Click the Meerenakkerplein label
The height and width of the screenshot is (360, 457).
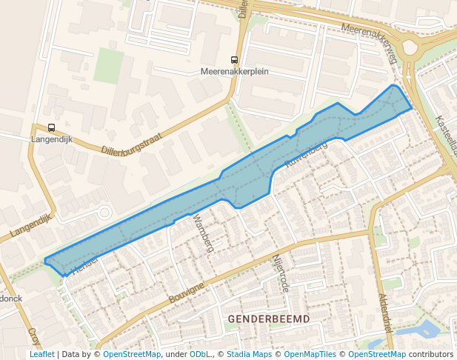tap(234, 72)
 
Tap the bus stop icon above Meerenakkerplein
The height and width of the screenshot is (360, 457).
tap(235, 60)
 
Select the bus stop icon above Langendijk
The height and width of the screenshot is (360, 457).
tap(51, 127)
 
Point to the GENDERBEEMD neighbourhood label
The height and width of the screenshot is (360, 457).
tap(269, 319)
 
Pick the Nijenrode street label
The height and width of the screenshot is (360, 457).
tap(279, 273)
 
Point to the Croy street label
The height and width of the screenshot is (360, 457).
tap(33, 337)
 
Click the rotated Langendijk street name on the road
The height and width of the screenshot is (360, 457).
tap(33, 226)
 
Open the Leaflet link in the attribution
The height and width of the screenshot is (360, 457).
tap(41, 354)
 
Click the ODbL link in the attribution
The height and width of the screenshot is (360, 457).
tap(199, 354)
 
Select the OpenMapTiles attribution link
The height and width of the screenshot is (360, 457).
tap(310, 354)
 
